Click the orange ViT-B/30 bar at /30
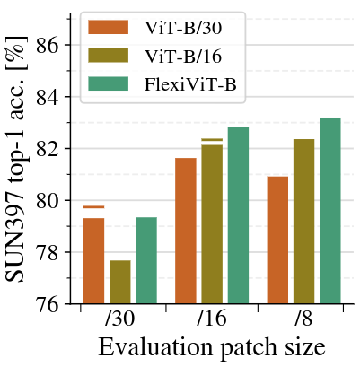click(x=93, y=260)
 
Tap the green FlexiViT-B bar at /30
click(x=146, y=260)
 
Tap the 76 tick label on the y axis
click(x=53, y=304)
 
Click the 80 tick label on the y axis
click(x=53, y=200)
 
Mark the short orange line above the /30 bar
click(x=93, y=207)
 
